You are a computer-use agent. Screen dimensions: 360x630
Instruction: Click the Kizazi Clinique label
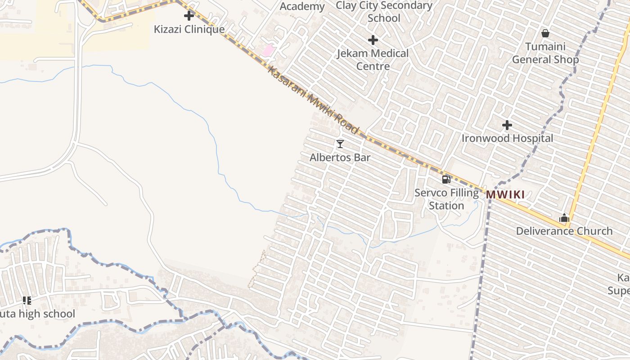click(189, 29)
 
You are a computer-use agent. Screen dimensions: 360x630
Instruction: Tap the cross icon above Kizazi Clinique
click(189, 16)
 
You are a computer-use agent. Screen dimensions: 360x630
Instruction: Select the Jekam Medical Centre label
click(373, 59)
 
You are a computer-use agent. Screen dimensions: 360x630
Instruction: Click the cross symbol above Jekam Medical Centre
click(373, 40)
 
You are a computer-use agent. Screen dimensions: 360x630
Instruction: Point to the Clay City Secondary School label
click(384, 12)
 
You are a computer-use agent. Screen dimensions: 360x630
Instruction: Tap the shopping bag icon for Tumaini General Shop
click(545, 33)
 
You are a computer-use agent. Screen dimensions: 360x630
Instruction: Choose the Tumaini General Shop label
click(545, 53)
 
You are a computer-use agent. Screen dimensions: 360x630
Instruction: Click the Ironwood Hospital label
click(507, 138)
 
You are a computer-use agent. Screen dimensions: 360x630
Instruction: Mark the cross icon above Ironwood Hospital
click(507, 125)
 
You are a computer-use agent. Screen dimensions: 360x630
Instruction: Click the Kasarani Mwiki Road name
click(313, 100)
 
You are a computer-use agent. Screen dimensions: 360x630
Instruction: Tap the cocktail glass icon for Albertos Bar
click(340, 144)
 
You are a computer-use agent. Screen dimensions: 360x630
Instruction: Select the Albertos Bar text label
click(340, 157)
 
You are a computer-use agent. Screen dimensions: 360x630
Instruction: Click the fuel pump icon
click(446, 180)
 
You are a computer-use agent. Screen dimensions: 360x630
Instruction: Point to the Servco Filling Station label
click(446, 199)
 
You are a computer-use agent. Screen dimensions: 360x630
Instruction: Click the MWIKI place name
click(505, 195)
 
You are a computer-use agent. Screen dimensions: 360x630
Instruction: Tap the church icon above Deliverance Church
click(564, 218)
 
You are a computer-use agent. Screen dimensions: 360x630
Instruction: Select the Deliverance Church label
click(564, 231)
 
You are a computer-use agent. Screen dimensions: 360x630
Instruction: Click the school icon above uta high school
click(27, 300)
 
